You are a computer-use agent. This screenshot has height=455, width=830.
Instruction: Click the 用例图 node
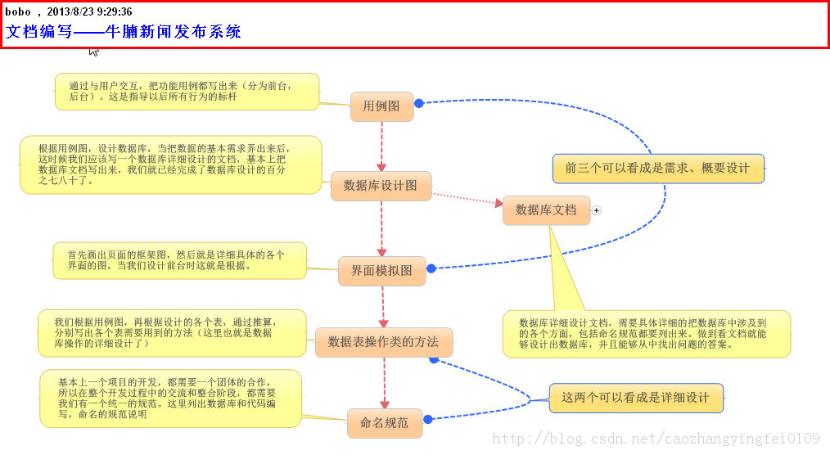click(381, 106)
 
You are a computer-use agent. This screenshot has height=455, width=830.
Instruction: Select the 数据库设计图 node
click(381, 186)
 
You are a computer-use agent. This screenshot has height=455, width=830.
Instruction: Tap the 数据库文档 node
click(546, 210)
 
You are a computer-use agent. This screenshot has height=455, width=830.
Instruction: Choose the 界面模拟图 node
click(381, 271)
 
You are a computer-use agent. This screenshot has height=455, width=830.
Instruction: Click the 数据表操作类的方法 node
click(383, 342)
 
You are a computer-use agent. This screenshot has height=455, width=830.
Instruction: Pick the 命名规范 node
click(385, 423)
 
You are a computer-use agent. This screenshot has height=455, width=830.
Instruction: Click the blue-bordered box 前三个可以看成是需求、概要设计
click(657, 169)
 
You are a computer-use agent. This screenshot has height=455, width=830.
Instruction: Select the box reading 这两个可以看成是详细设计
click(636, 398)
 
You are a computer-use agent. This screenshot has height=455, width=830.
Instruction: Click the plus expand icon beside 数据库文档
click(597, 210)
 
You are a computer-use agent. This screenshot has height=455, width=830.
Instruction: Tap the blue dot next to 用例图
click(419, 103)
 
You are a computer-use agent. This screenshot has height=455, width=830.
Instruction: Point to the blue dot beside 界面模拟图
click(431, 268)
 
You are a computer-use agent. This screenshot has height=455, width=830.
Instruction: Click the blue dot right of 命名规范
click(428, 419)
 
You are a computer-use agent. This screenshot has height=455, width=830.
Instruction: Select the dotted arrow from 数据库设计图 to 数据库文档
click(467, 198)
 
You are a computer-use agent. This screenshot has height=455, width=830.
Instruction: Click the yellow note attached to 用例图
click(187, 92)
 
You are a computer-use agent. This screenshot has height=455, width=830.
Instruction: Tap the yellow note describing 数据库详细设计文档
click(646, 334)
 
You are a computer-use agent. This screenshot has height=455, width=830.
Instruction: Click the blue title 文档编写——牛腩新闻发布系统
click(124, 32)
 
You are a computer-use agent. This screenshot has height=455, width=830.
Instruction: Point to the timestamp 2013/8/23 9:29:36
click(89, 11)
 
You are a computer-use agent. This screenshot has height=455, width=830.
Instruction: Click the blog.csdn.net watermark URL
click(656, 439)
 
